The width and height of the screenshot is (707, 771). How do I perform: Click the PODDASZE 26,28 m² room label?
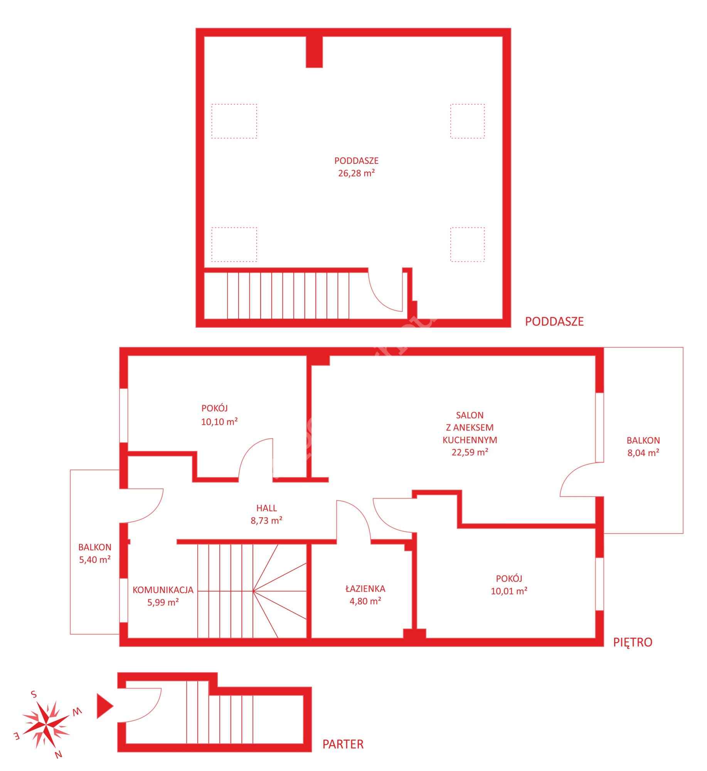point(356,167)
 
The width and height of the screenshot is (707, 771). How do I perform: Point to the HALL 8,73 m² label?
point(266,514)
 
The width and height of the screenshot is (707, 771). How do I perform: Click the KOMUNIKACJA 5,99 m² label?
point(163,596)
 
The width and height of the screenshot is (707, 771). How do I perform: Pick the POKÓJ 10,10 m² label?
point(219,415)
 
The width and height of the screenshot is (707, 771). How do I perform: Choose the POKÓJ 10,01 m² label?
point(509,585)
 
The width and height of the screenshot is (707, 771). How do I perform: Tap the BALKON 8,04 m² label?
point(643,446)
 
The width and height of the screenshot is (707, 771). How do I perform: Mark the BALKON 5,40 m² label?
point(95,553)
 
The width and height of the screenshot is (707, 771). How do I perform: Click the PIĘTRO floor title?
point(633,642)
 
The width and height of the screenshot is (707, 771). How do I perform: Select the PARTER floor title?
point(343,744)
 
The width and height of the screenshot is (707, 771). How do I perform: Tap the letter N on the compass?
point(59,754)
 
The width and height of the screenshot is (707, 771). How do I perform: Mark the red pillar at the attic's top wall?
point(314,52)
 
